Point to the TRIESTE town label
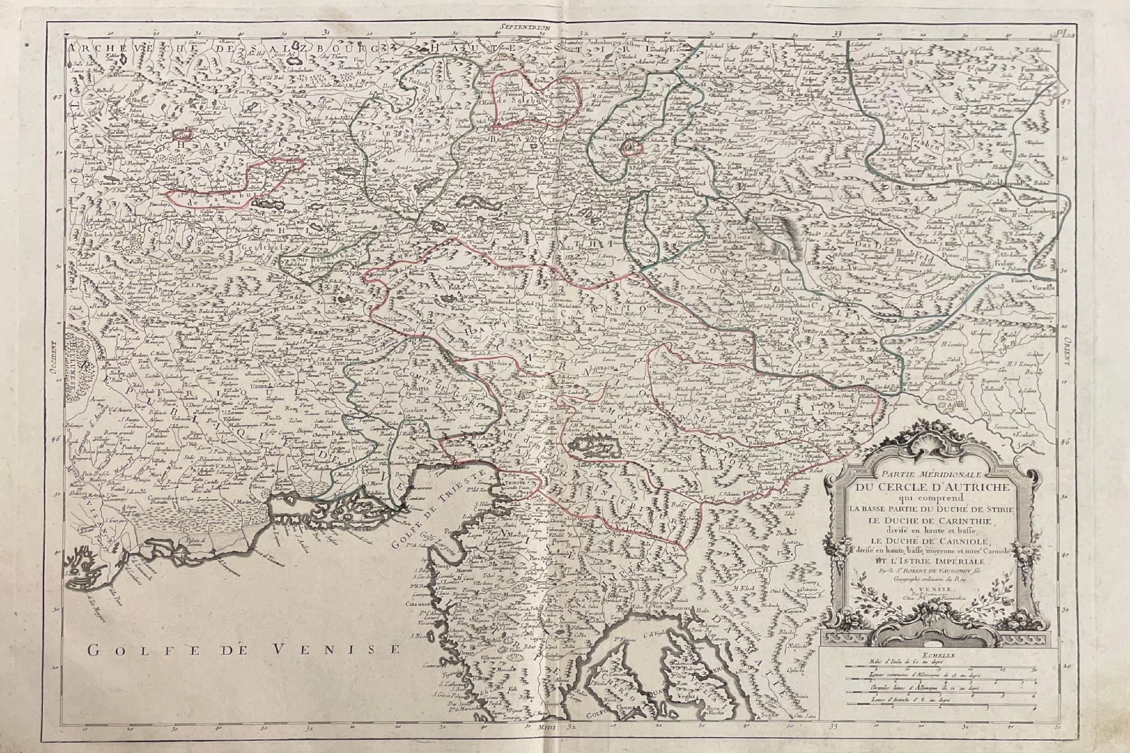[x=512, y=483]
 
